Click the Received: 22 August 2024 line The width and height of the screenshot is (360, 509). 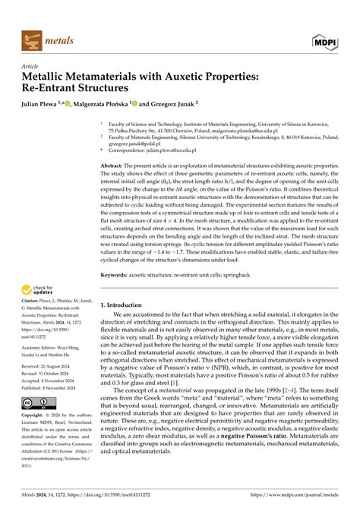(x=51, y=387)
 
